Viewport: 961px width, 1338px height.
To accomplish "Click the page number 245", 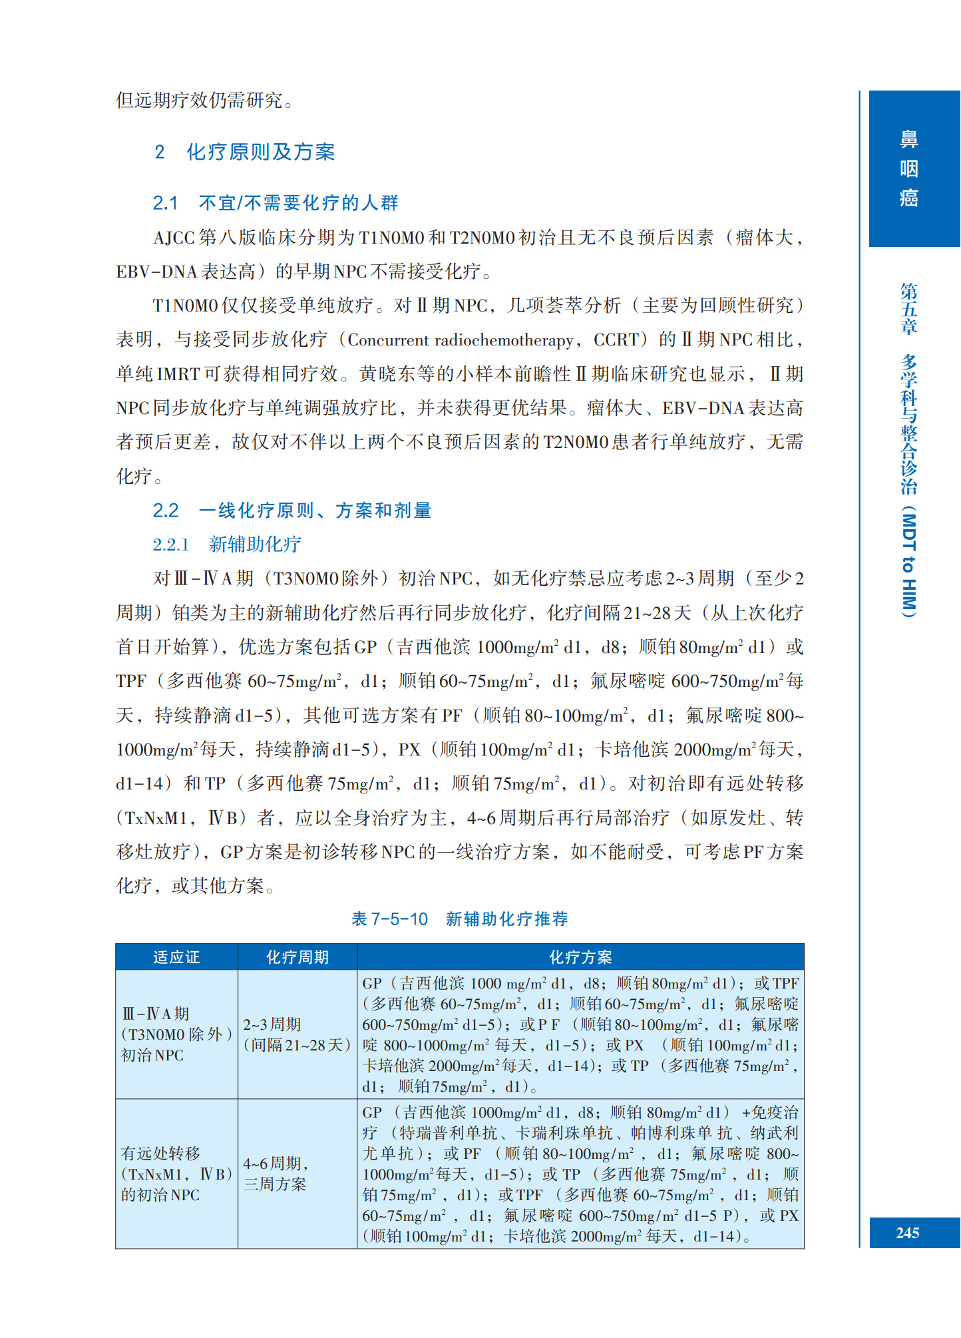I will [x=907, y=1233].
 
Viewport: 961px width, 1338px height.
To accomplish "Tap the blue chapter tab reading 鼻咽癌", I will [x=909, y=169].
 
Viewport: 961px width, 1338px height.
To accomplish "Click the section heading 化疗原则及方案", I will [x=260, y=152].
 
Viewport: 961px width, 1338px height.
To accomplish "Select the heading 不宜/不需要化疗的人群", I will [x=297, y=203].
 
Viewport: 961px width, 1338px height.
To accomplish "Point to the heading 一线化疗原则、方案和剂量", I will [x=314, y=511].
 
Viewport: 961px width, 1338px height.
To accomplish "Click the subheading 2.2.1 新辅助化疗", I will [x=226, y=545].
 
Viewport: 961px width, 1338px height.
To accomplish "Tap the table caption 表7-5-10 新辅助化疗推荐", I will [x=459, y=919].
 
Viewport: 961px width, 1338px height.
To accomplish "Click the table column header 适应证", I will [x=176, y=957].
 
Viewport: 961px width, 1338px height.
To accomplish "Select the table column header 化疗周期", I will [x=297, y=957].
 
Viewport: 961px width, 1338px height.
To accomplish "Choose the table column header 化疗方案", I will [x=580, y=957].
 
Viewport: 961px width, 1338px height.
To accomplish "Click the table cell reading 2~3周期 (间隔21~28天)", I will [x=296, y=1034].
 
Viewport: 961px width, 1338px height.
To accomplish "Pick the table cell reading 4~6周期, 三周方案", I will [x=275, y=1174].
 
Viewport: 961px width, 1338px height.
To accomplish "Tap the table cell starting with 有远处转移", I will [x=176, y=1174].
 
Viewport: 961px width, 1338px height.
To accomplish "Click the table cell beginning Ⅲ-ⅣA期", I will [x=176, y=1034].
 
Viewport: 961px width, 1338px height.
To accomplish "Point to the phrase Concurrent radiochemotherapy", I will [x=460, y=340].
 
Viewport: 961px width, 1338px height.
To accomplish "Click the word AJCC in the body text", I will [x=174, y=238].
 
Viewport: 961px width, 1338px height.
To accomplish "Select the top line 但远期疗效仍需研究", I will [x=205, y=101].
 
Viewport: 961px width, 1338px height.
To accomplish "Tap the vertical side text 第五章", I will [x=909, y=308].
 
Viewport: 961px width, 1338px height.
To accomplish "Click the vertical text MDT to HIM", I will [x=909, y=564].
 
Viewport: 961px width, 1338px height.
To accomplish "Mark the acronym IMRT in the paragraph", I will [x=178, y=374].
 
